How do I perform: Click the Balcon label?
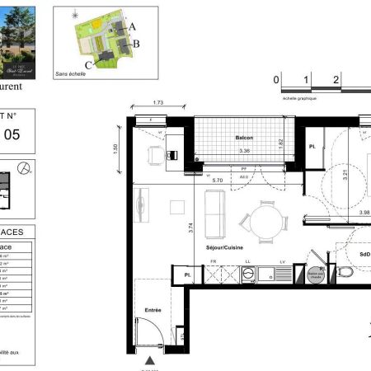click(242, 138)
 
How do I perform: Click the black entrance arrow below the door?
click(149, 360)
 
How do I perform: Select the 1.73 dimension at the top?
click(157, 102)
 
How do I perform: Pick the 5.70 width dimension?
click(218, 180)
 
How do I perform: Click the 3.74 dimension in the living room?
click(190, 218)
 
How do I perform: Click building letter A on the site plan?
click(133, 26)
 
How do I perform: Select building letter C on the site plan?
click(87, 63)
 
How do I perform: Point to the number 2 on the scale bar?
click(336, 80)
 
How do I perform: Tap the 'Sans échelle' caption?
click(71, 74)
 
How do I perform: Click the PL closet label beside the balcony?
click(312, 147)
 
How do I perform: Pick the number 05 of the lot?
click(12, 136)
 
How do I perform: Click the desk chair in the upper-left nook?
click(172, 154)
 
